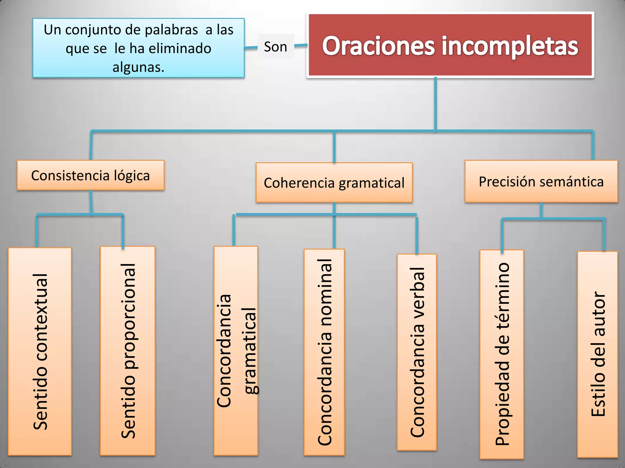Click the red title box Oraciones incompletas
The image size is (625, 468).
pos(450,45)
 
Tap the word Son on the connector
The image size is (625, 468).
pos(276,47)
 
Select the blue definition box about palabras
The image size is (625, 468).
pos(139,48)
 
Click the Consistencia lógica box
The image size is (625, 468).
pos(90,175)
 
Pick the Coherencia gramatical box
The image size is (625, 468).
pos(334,183)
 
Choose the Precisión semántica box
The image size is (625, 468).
pos(541,181)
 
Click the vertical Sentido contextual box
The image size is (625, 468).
pos(40,351)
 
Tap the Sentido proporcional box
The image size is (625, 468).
pos(128,351)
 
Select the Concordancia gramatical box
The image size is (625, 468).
pos(236,351)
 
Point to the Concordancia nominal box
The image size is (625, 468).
pos(324,352)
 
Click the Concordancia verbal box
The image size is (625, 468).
pos(417,352)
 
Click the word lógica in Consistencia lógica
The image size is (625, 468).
pos(132,176)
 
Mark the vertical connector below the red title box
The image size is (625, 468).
pos(435,104)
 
